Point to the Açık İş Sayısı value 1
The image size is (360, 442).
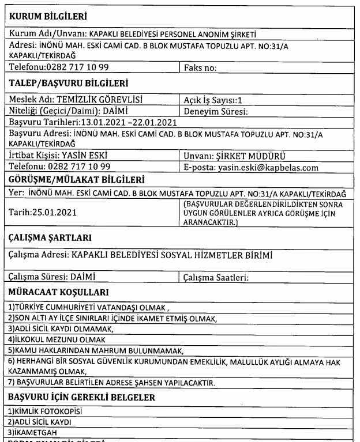[x=232, y=99]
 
